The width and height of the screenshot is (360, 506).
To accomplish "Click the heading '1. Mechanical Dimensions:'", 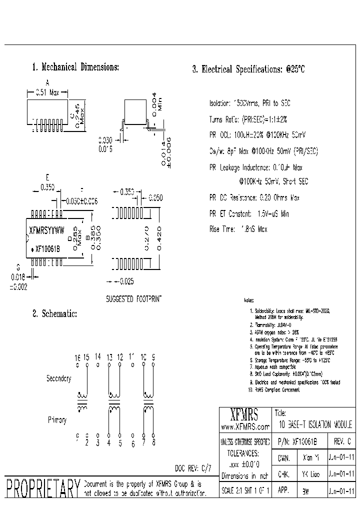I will coord(75,67).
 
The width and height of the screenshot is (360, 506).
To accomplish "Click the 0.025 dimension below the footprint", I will coord(126,281).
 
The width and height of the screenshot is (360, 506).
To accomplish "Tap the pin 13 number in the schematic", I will coord(109,357).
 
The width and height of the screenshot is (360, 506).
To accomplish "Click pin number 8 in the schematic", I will coord(153,442).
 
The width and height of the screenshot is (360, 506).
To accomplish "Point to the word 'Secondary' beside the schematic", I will coord(59,378).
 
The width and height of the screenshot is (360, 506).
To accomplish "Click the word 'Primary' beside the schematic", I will coord(57,420).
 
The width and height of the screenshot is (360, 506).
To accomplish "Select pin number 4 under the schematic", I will coord(108,442).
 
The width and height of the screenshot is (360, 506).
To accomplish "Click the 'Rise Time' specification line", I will coord(238,229).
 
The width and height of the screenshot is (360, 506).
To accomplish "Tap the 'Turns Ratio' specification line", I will coord(248,119).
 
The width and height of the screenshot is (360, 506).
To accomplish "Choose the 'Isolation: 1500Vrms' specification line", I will coord(249,103).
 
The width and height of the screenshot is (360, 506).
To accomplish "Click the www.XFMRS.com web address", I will coord(244,426).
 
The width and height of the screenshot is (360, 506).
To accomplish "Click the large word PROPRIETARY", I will coord(42,488).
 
